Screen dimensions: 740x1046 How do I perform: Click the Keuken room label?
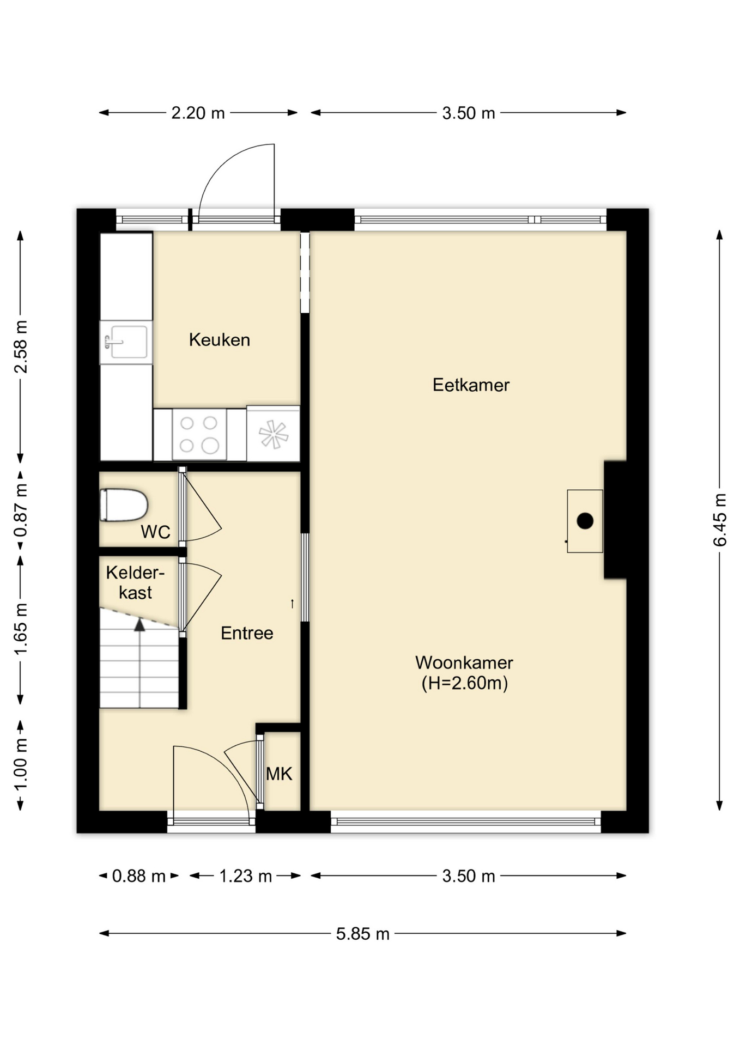pyautogui.click(x=220, y=340)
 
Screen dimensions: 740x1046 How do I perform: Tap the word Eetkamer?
pyautogui.click(x=471, y=385)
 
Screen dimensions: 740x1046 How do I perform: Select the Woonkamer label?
pyautogui.click(x=464, y=663)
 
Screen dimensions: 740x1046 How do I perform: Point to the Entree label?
pyautogui.click(x=247, y=633)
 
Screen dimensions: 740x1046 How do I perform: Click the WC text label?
pyautogui.click(x=155, y=532)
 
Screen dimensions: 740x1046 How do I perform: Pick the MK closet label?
pyautogui.click(x=279, y=774)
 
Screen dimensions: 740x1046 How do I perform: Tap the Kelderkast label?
pyautogui.click(x=135, y=582)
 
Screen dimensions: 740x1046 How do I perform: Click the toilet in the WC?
pyautogui.click(x=124, y=505)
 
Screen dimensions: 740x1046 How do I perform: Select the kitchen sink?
pyautogui.click(x=126, y=342)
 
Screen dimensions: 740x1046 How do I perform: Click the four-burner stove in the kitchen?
pyautogui.click(x=199, y=434)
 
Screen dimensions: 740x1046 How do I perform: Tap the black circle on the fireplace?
pyautogui.click(x=585, y=521)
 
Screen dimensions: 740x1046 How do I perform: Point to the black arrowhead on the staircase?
pyautogui.click(x=140, y=625)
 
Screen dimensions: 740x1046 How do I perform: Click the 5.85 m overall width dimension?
pyautogui.click(x=362, y=933)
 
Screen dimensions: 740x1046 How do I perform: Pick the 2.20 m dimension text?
pyautogui.click(x=198, y=113)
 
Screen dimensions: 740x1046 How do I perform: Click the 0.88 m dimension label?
pyautogui.click(x=139, y=876)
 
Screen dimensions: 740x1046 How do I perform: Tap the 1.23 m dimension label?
pyautogui.click(x=245, y=876)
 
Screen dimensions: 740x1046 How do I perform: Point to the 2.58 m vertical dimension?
pyautogui.click(x=21, y=346)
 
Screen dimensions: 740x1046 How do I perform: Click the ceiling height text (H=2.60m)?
pyautogui.click(x=465, y=683)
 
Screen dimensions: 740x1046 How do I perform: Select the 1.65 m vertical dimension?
pyautogui.click(x=21, y=630)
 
